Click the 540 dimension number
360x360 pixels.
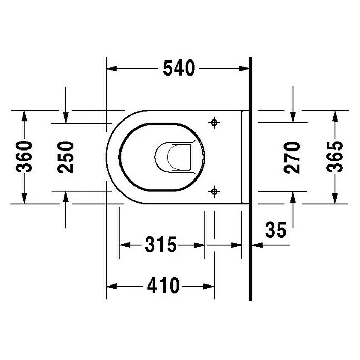tap(179, 68)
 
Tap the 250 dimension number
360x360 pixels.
tap(66, 157)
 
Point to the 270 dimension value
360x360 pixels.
tap(292, 157)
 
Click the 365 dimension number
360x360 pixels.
tap(335, 157)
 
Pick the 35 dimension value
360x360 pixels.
tap(276, 230)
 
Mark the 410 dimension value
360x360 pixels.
tap(163, 285)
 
